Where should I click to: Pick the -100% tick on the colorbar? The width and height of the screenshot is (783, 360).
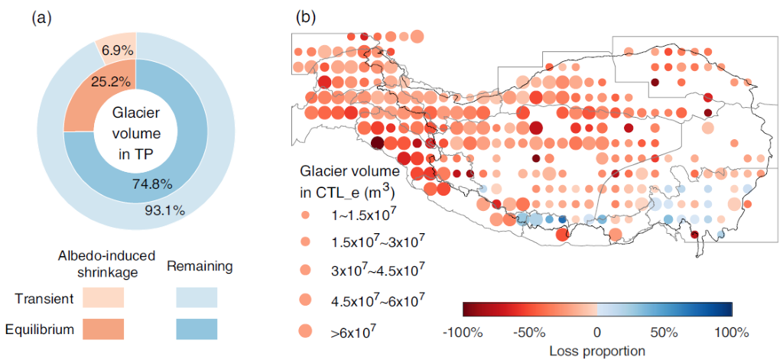(463, 333)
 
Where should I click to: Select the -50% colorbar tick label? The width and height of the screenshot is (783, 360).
(530, 333)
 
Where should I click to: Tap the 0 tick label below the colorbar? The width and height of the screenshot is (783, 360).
(597, 333)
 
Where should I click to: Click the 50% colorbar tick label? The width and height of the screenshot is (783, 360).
(664, 333)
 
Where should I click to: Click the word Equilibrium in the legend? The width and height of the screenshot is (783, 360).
(49, 330)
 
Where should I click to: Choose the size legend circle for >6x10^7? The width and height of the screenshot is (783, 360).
(306, 330)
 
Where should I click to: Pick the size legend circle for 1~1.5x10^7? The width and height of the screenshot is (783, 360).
(306, 215)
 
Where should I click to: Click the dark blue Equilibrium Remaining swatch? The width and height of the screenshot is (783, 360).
(196, 329)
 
